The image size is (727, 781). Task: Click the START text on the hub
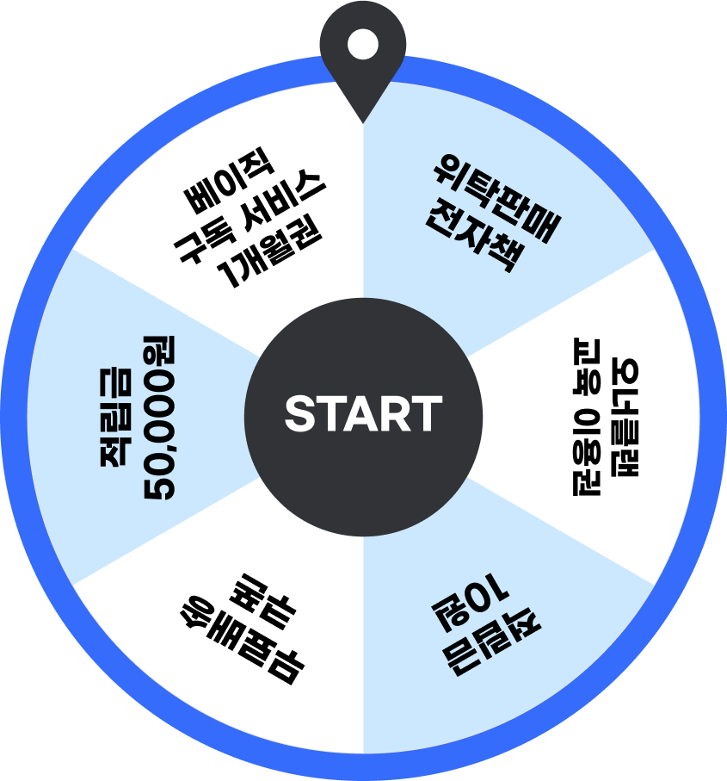(x=363, y=414)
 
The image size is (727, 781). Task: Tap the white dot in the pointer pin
(x=362, y=45)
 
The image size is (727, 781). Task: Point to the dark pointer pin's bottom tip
(x=362, y=120)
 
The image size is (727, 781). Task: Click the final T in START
(x=428, y=414)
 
